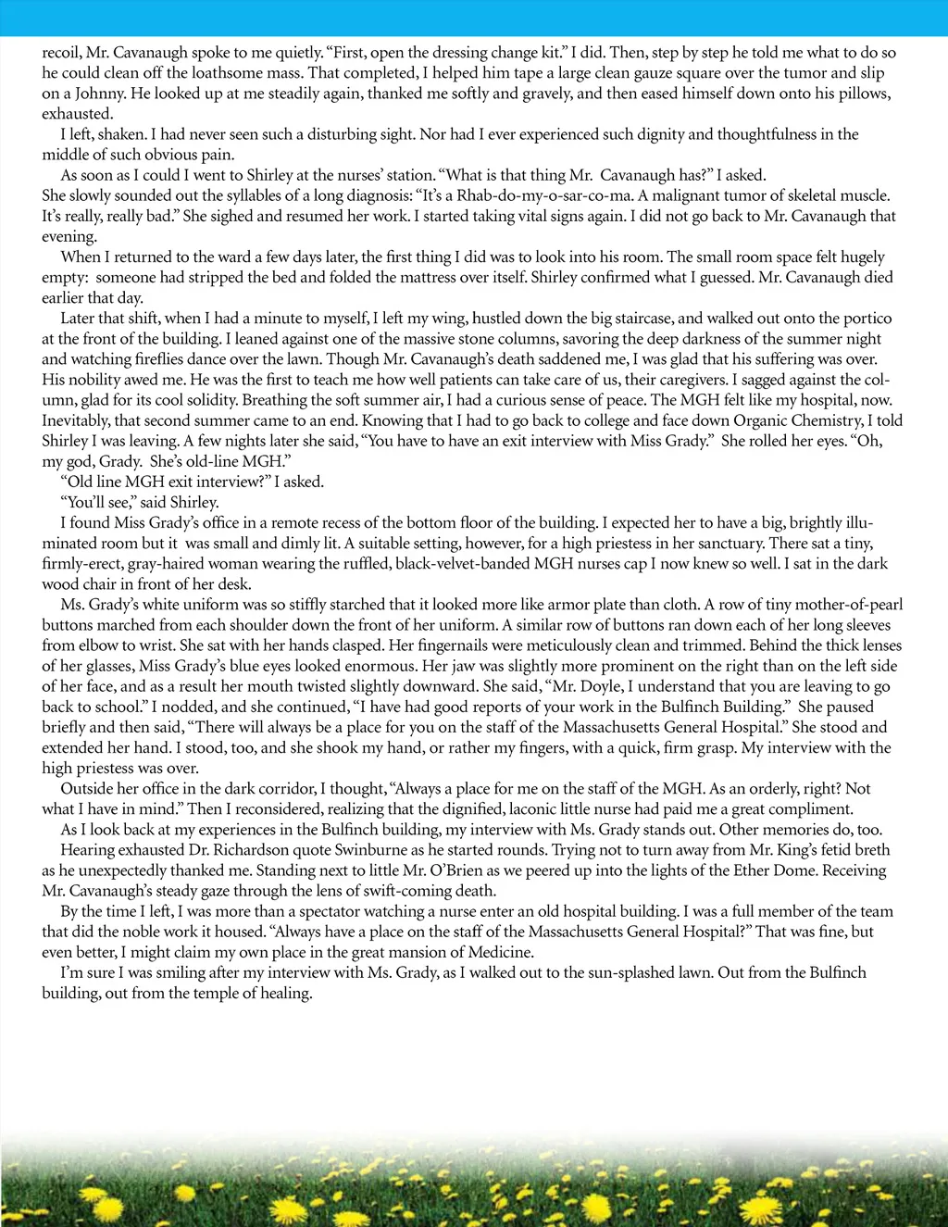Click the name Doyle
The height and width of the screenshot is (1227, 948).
(x=605, y=686)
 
